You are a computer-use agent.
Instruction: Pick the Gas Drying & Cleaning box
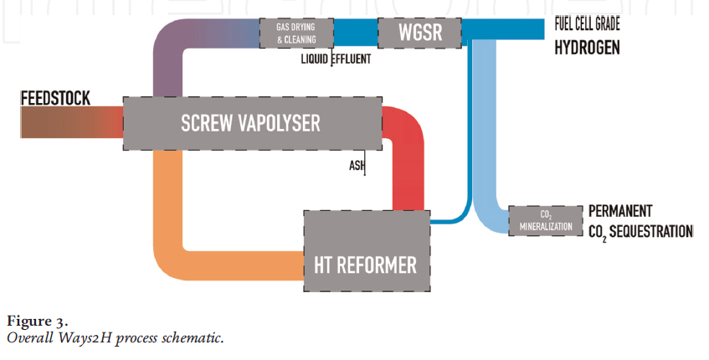[296, 33]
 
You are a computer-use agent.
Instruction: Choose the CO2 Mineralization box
[545, 220]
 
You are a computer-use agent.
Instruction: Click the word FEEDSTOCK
[55, 98]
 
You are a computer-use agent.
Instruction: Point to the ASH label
[357, 165]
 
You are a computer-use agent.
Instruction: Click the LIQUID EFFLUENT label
[337, 59]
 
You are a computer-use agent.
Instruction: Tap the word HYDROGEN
[587, 48]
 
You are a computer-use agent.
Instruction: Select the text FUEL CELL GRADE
[587, 25]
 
